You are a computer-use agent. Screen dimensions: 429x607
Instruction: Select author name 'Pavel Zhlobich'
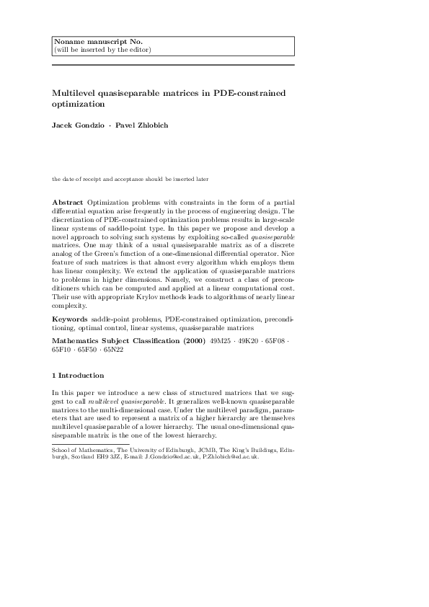coord(146,125)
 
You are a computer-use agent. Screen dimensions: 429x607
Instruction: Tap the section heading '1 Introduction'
coord(78,376)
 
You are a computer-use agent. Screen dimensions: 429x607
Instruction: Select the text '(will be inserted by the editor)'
coord(102,50)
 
